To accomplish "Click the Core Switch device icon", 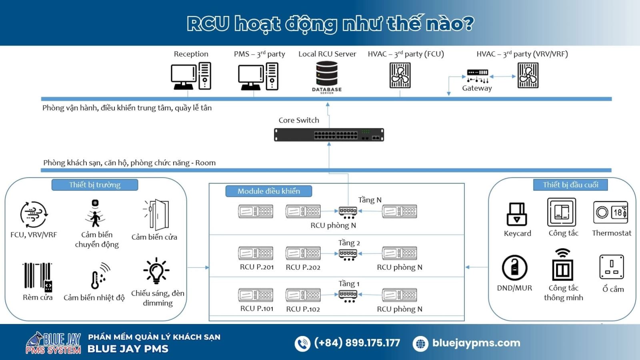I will tap(329, 135).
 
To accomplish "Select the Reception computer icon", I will tap(191, 76).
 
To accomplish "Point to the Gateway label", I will tap(477, 88).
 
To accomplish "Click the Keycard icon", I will tap(517, 214).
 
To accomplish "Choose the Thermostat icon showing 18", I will tap(610, 212).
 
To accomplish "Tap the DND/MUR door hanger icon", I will tap(514, 268).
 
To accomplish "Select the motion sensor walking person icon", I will tap(95, 214).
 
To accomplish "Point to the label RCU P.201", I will tap(257, 267).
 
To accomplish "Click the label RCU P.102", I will tap(303, 309).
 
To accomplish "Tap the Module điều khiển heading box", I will tap(269, 191).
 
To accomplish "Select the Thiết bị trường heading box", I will tap(95, 185).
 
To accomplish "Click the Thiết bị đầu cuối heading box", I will tap(570, 185).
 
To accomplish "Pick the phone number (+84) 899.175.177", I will tap(357, 343).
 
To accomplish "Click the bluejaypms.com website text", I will tap(476, 343).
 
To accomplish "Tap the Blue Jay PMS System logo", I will tap(54, 343).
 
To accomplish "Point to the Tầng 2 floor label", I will tap(349, 243).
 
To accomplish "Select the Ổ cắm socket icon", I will tap(612, 267).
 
